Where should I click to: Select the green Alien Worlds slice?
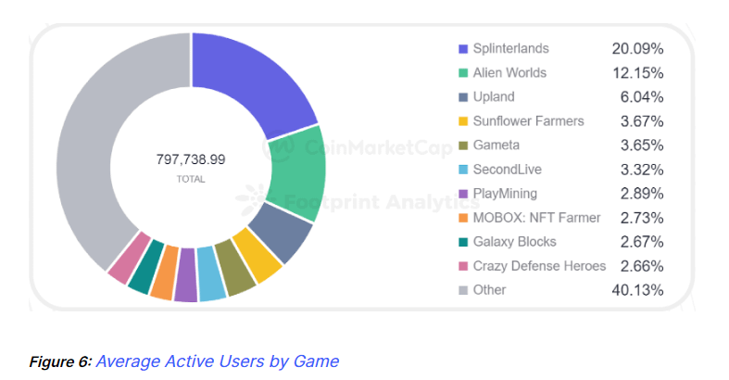298,176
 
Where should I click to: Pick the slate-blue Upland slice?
283,232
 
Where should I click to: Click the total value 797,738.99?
191,159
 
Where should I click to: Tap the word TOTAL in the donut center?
191,179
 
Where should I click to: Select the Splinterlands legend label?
510,48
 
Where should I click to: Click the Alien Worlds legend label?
509,72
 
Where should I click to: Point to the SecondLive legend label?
507,170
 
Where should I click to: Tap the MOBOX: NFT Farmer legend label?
536,218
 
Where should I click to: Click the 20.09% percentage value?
637,48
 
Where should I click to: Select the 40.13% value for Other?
637,290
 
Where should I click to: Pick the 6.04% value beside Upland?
641,96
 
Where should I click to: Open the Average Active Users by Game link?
217,361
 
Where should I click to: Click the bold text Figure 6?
59,361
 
